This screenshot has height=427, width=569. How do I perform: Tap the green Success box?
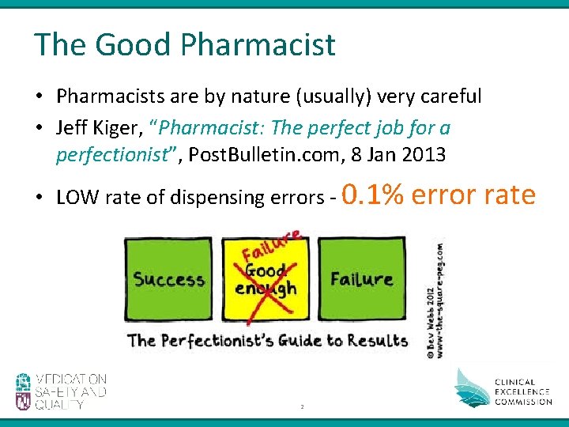click(168, 279)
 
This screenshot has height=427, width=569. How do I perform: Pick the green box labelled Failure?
click(361, 279)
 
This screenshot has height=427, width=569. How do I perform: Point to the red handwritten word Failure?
click(271, 244)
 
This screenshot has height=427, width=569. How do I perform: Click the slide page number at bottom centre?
click(301, 406)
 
